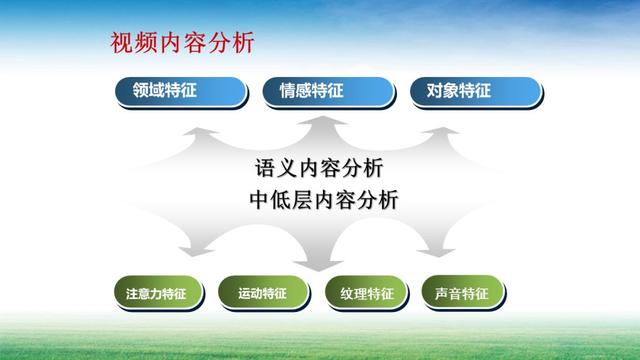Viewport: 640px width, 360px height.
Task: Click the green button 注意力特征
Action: pyautogui.click(x=156, y=294)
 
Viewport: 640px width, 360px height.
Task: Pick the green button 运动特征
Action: pyautogui.click(x=262, y=294)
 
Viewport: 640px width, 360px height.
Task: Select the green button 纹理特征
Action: pyautogui.click(x=366, y=294)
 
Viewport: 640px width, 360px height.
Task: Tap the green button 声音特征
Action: pyautogui.click(x=461, y=294)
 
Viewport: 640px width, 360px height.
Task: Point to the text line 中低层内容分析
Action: pyautogui.click(x=323, y=199)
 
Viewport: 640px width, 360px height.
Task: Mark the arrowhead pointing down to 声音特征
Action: pyautogui.click(x=440, y=254)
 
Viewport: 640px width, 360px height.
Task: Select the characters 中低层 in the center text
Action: pyautogui.click(x=284, y=199)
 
